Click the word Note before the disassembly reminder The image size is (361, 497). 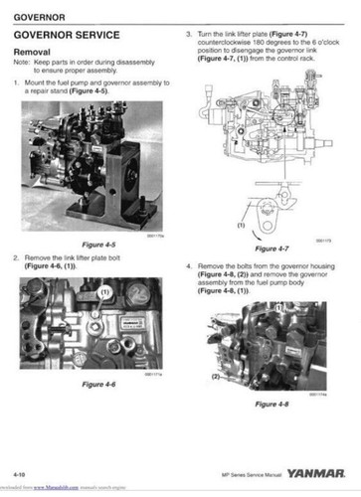(23, 63)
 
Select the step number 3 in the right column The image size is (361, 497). (188, 34)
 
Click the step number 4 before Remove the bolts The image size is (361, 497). (188, 267)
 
